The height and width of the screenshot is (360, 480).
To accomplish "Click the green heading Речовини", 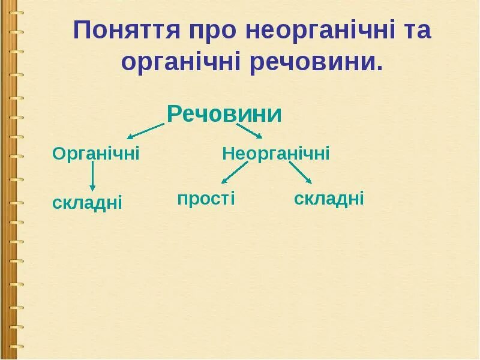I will click(224, 114).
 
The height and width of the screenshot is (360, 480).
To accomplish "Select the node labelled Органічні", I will click(96, 154).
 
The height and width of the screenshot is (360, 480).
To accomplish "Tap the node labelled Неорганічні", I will click(276, 154).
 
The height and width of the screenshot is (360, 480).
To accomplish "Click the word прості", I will click(206, 199).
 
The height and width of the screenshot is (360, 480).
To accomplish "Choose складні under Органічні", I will click(87, 203).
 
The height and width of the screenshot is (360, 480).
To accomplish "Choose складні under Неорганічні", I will click(329, 199).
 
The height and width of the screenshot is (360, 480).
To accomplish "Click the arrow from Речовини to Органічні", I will click(145, 131).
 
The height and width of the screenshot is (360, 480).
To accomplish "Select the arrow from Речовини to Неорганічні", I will click(250, 131).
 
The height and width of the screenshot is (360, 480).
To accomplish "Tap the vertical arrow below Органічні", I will click(92, 178).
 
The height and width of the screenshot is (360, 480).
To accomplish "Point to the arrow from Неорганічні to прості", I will click(234, 173).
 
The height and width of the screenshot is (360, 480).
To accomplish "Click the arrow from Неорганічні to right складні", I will click(301, 172).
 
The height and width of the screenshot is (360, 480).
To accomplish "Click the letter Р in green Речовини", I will click(174, 114).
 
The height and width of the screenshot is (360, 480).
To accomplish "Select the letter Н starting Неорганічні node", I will click(227, 154).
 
